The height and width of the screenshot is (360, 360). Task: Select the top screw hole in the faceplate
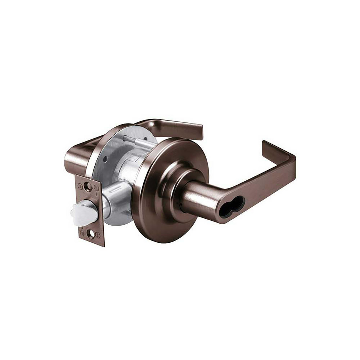87,186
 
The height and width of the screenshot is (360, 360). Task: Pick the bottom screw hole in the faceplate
91,234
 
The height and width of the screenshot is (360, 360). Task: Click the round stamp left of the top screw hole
80,186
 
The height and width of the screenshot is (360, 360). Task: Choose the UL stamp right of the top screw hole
96,188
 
